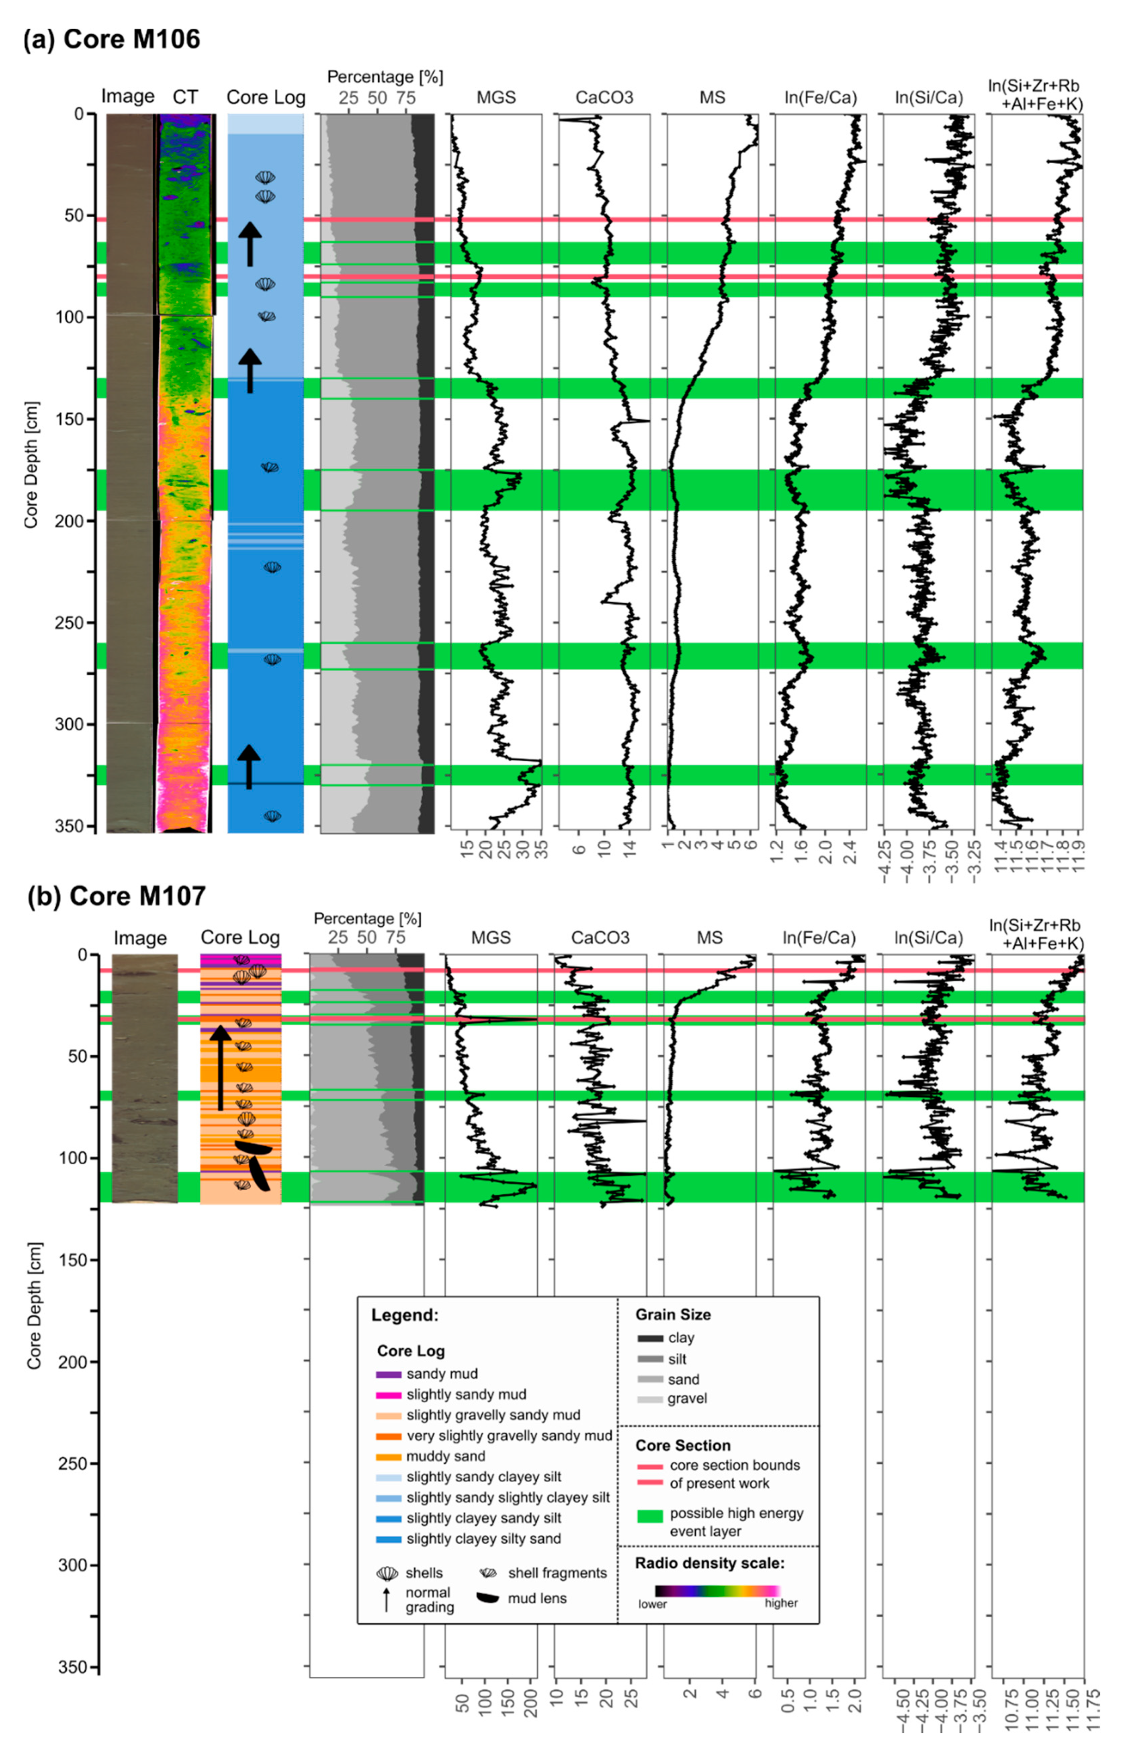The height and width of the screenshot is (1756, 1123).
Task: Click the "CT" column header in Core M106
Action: (x=185, y=97)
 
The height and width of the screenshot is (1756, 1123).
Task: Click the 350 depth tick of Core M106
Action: (x=73, y=826)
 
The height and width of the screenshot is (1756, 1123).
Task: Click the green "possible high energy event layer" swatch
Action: (x=650, y=1517)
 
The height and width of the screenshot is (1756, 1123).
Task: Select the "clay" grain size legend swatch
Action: (x=650, y=1338)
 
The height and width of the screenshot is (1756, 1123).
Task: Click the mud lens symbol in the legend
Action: (x=488, y=1599)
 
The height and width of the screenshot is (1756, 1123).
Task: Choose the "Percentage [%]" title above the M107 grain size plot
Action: (x=367, y=919)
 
